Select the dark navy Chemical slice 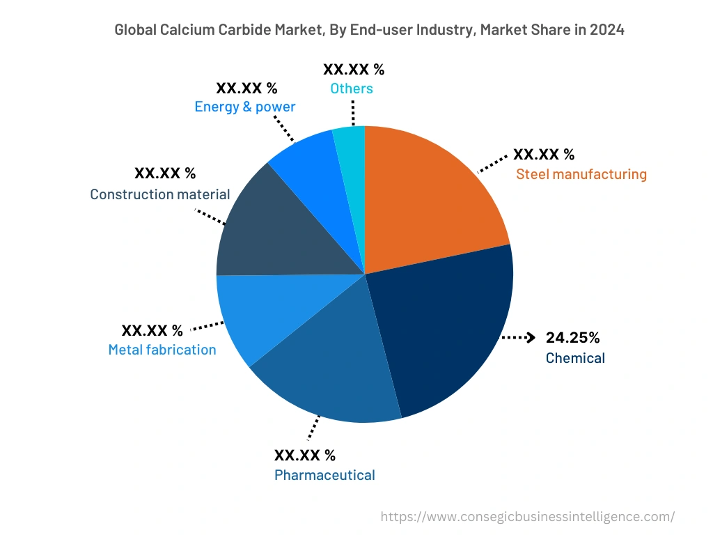point(446,327)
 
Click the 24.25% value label point(572,338)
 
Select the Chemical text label point(575,358)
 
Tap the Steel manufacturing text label point(581,174)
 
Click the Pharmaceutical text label point(324,475)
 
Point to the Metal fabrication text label point(162,350)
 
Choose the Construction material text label point(160,194)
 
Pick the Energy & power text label point(245,107)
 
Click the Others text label point(352,88)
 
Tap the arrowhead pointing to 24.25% point(531,338)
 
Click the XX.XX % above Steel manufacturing point(544,155)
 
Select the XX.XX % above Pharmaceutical point(305,456)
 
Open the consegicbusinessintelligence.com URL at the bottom point(528,517)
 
